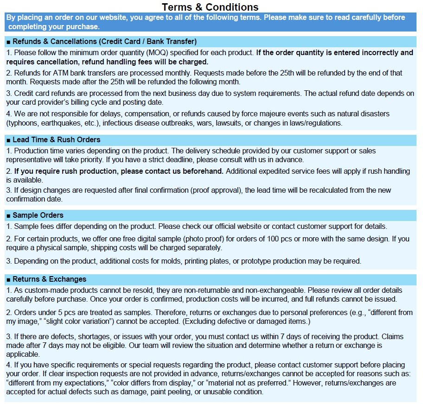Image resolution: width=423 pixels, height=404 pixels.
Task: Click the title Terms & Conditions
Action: pos(210,7)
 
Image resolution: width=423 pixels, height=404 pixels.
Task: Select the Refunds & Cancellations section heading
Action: pos(104,41)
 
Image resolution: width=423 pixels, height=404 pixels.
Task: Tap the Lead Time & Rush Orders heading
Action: pos(56,139)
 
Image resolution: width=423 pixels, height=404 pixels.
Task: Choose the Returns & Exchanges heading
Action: pos(49,279)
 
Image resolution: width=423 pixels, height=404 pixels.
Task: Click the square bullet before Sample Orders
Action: pos(8,215)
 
